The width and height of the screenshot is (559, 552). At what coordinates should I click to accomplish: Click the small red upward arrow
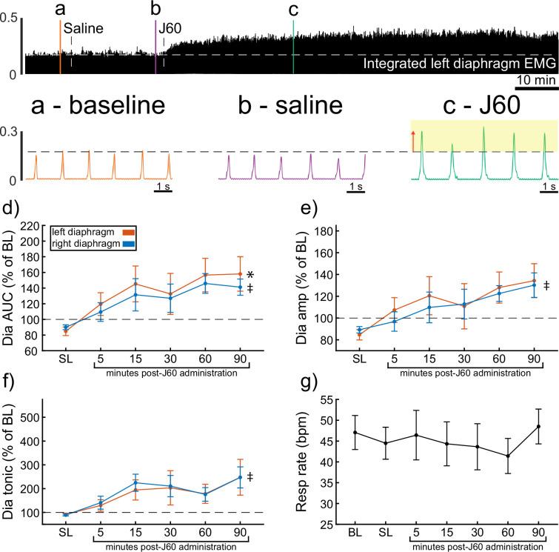click(x=414, y=140)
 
